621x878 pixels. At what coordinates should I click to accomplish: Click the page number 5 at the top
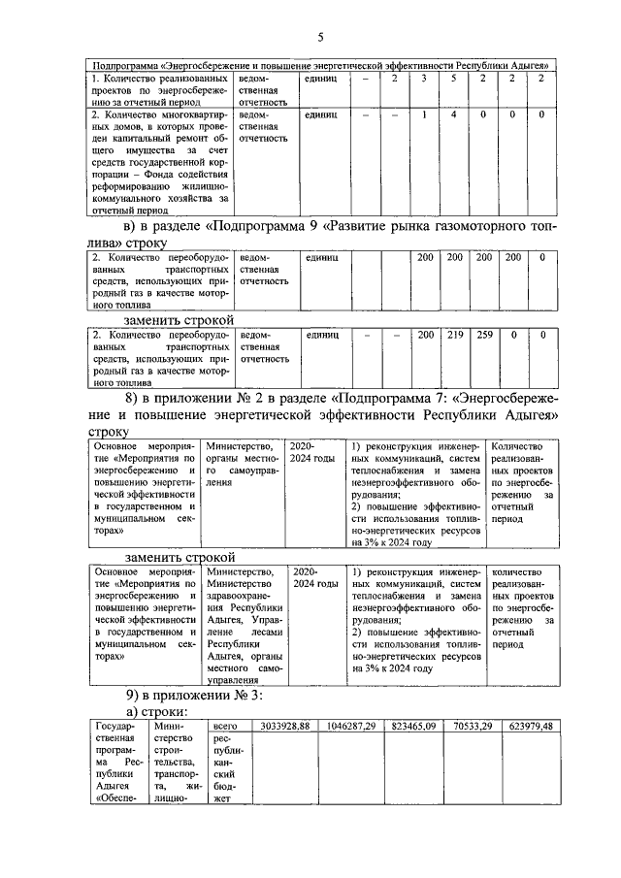[319, 37]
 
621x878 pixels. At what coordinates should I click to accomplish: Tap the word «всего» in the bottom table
[225, 725]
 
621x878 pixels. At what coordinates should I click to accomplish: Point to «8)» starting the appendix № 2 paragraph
[136, 399]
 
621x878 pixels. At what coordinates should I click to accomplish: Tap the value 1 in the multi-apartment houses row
[424, 114]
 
